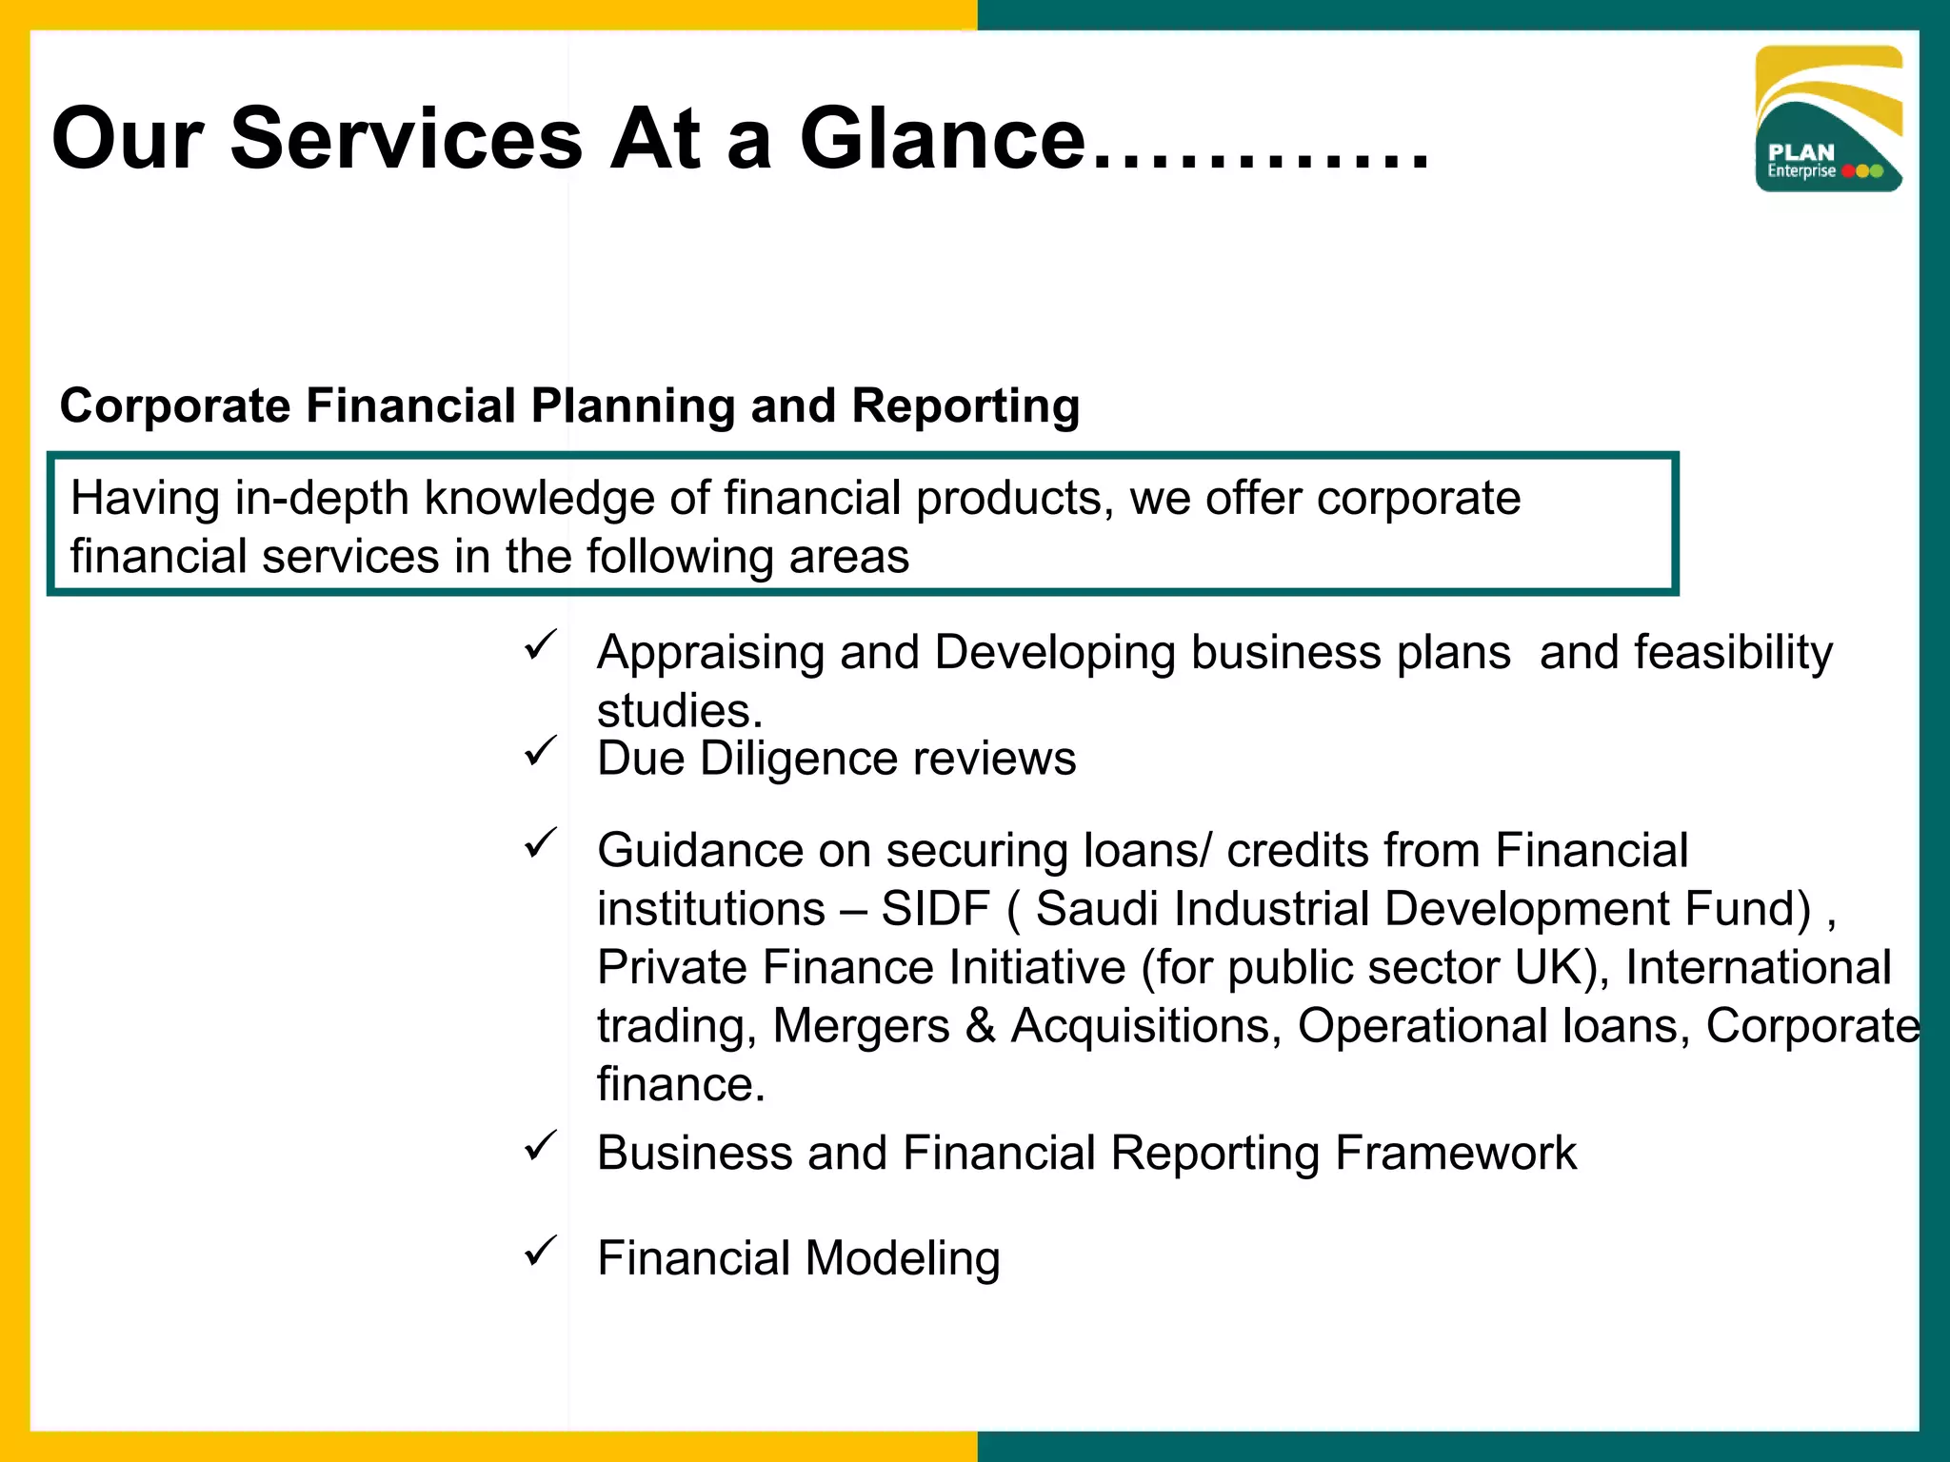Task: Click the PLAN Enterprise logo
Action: [1828, 119]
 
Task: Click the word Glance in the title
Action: [943, 139]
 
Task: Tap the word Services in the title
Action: [406, 139]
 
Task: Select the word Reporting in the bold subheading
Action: [965, 405]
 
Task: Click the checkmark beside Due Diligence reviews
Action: [541, 752]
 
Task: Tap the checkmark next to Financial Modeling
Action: [541, 1251]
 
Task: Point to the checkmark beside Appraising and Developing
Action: [541, 645]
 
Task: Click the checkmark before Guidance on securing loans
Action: [541, 843]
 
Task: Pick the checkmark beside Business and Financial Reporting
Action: [541, 1146]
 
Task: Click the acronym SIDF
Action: [935, 908]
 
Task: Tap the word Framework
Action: [1456, 1154]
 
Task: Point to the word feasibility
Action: [1733, 653]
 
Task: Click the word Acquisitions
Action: [1145, 1026]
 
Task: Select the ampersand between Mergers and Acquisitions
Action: [980, 1026]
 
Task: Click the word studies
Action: [680, 711]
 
